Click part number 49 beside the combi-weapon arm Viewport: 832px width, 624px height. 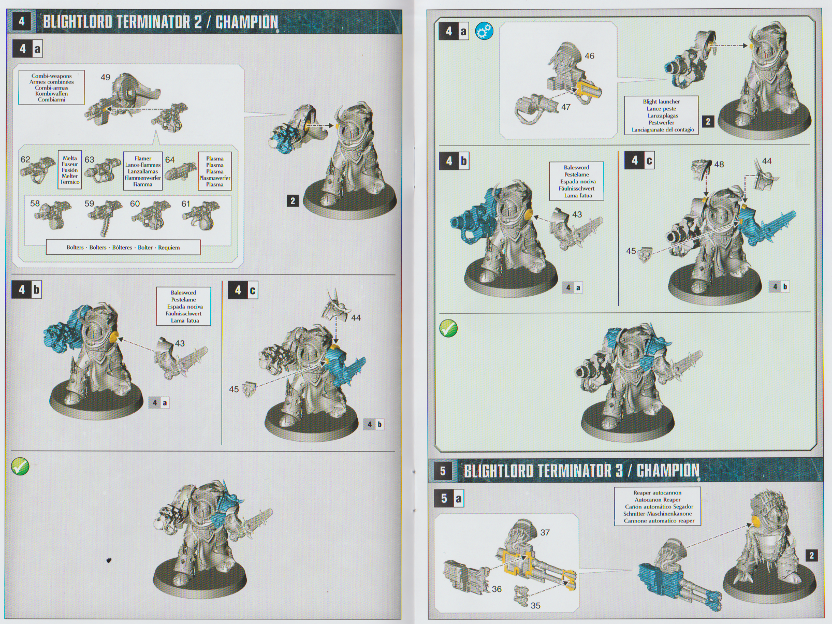tap(105, 77)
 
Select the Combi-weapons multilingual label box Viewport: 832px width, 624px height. tap(52, 88)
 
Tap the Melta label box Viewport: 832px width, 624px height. tap(70, 170)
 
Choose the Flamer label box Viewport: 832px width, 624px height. tap(143, 171)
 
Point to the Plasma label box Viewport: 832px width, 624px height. tap(214, 171)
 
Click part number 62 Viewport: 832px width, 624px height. tap(25, 159)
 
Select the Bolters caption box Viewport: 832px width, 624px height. tap(123, 247)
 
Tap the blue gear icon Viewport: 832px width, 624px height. tap(485, 31)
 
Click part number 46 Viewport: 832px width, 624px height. tap(589, 56)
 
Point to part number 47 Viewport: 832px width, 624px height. tap(565, 107)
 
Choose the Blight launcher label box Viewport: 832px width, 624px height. tap(661, 115)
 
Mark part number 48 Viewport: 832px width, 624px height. tap(719, 165)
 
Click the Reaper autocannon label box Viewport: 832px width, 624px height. tap(657, 506)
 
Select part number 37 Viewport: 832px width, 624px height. tap(545, 533)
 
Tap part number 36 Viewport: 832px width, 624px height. tap(497, 589)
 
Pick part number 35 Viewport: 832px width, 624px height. tap(535, 606)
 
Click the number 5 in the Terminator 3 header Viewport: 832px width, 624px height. tap(443, 471)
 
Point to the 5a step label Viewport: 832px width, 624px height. tap(449, 498)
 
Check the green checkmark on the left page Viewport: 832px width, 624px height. tap(21, 466)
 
